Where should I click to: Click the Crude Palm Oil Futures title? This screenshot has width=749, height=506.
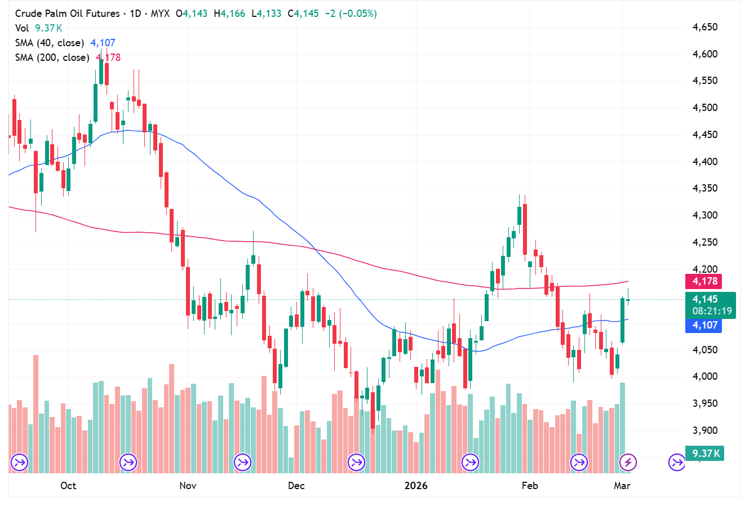(67, 14)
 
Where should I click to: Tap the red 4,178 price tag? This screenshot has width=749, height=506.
(704, 281)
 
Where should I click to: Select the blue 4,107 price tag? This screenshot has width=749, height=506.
(704, 325)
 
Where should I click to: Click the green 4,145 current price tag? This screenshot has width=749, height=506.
(705, 299)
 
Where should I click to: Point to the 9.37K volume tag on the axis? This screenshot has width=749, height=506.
(705, 454)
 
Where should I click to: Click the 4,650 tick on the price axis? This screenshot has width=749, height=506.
(705, 27)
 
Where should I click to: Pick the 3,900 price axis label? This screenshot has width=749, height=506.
(705, 430)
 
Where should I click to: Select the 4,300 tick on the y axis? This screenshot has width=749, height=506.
(705, 215)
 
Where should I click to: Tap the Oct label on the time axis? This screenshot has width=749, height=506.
(68, 486)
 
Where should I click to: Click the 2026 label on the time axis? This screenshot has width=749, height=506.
(416, 486)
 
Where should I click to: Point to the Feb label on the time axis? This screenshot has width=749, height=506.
(530, 486)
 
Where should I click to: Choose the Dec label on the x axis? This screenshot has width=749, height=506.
(296, 486)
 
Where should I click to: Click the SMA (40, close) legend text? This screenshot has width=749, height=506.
(50, 43)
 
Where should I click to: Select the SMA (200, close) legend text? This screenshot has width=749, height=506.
(52, 57)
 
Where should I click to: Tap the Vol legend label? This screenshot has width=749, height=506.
(22, 28)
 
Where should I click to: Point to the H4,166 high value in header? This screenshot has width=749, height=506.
(229, 14)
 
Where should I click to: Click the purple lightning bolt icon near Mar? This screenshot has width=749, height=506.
(628, 463)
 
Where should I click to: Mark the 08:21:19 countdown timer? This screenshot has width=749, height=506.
(712, 311)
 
